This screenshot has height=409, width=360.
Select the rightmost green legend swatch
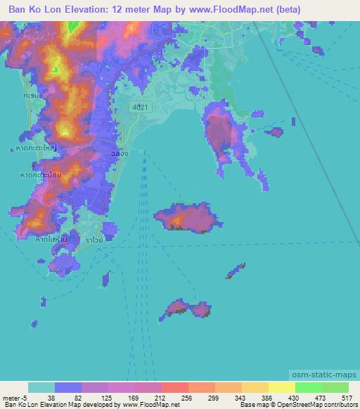point(335,387)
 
